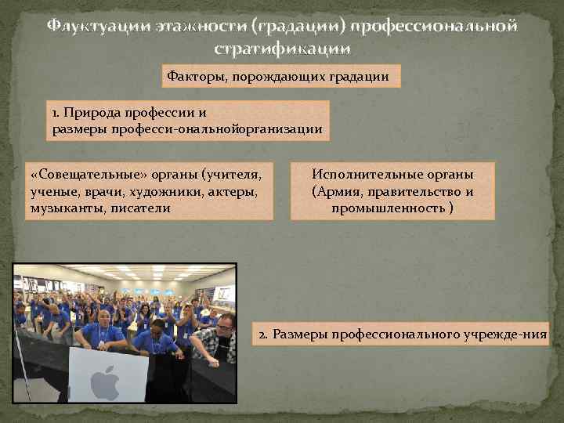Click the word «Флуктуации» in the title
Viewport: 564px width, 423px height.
point(94,27)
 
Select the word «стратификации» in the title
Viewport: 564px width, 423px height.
point(281,49)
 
